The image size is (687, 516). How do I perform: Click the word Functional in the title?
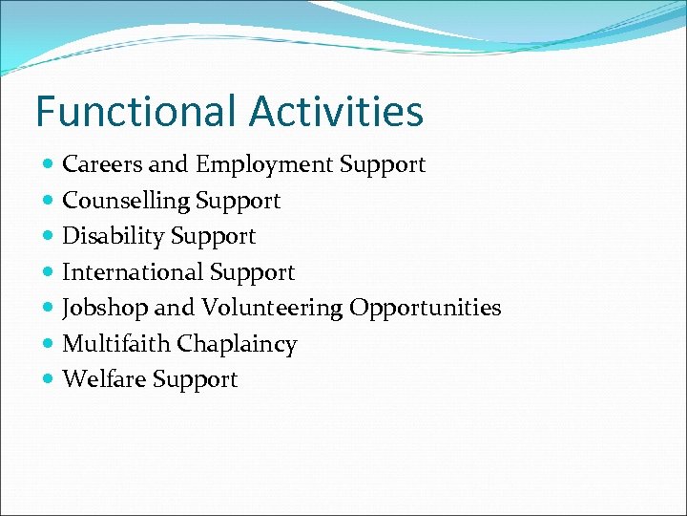click(x=137, y=111)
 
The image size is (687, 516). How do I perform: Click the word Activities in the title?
click(x=337, y=111)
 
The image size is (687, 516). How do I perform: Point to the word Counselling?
click(x=125, y=201)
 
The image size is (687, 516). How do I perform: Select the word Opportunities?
click(x=425, y=308)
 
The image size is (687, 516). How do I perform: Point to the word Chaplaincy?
click(x=237, y=344)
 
